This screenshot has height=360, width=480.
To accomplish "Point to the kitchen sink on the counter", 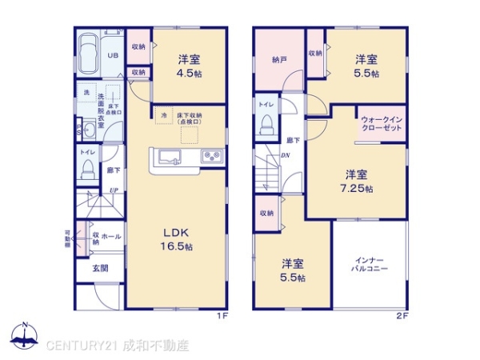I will click(x=170, y=155).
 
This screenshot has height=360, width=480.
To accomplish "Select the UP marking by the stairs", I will click(x=115, y=190).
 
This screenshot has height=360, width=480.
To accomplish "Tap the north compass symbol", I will click(x=24, y=336).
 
